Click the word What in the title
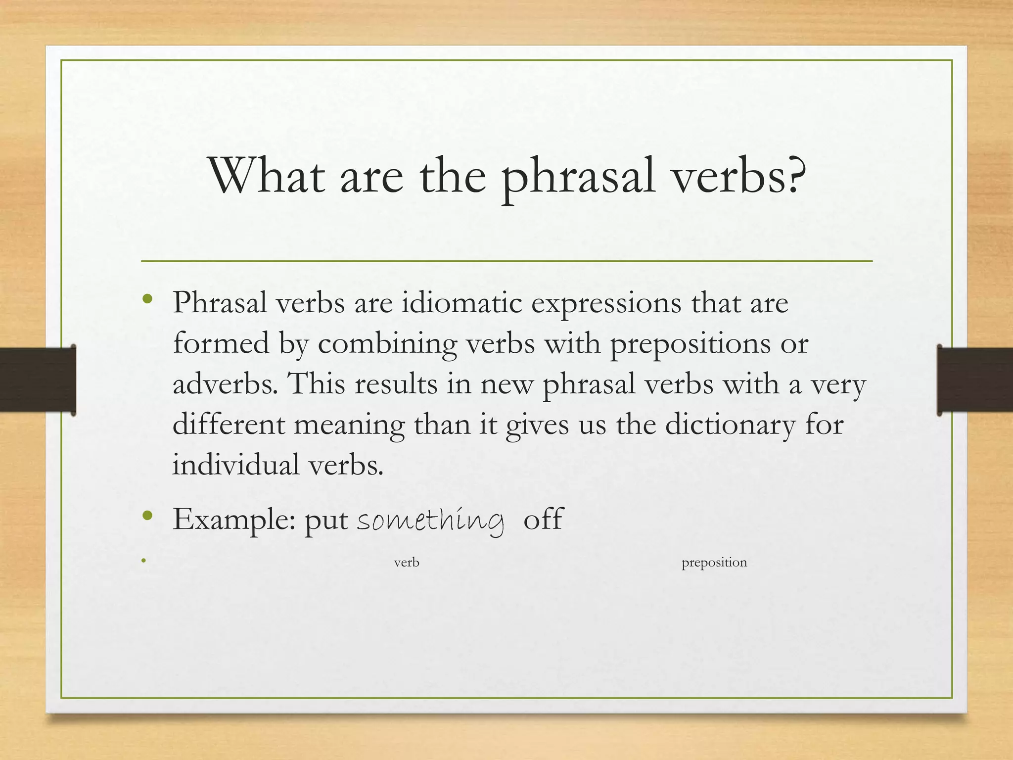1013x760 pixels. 268,175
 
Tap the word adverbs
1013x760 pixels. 226,383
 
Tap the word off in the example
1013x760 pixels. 543,519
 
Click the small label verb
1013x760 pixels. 407,563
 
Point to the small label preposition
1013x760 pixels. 714,563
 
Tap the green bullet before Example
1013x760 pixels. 147,516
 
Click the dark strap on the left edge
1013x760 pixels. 37,380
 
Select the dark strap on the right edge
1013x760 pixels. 974,380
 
